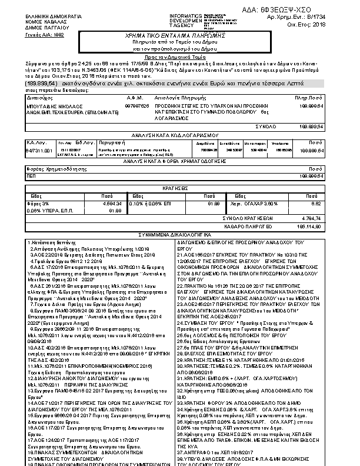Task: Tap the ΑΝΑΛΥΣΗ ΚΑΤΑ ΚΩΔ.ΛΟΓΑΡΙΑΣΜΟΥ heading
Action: point(179,135)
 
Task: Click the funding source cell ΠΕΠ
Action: point(31,175)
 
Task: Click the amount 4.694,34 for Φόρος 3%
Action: point(111,204)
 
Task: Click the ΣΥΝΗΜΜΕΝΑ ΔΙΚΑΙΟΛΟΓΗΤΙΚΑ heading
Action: point(179,234)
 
